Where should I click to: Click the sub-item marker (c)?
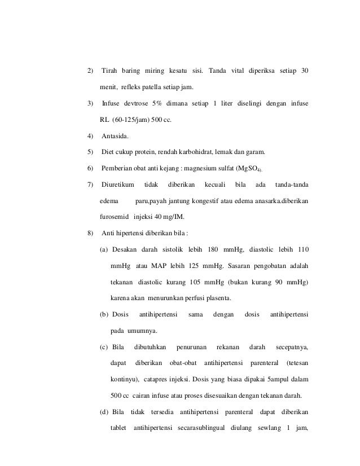103,347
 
